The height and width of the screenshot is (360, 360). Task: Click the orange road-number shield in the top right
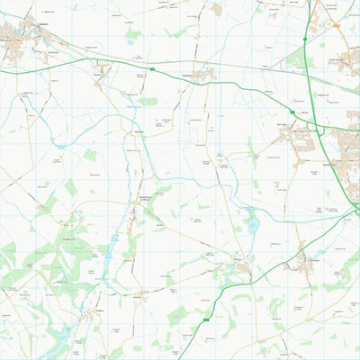(x=336, y=26)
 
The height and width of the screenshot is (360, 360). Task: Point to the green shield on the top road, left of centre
(x=152, y=68)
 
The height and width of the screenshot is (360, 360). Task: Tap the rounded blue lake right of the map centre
(x=252, y=220)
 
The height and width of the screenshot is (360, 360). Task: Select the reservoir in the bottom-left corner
(x=56, y=340)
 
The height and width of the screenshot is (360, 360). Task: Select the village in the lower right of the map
(x=302, y=262)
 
